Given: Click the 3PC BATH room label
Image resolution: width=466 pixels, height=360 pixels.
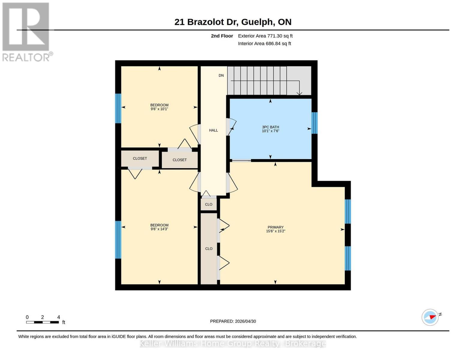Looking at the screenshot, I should pyautogui.click(x=270, y=127).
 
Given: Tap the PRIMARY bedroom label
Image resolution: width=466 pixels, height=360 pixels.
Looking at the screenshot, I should pyautogui.click(x=275, y=227).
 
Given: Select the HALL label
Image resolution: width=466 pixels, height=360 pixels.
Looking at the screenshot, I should pyautogui.click(x=213, y=130).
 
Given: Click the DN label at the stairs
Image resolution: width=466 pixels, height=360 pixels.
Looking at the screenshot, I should pyautogui.click(x=221, y=76).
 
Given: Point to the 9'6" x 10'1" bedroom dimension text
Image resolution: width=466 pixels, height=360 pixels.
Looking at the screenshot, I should pyautogui.click(x=159, y=109).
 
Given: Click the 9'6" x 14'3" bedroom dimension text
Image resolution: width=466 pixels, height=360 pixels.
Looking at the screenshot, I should pyautogui.click(x=159, y=229).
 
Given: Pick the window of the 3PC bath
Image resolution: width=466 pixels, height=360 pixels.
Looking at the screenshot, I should pyautogui.click(x=314, y=123).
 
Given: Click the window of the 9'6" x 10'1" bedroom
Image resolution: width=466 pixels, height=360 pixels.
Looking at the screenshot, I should pyautogui.click(x=118, y=108).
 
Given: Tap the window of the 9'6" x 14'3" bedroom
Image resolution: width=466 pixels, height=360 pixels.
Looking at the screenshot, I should pyautogui.click(x=118, y=240).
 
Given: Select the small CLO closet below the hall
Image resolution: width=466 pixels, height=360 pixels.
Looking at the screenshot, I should pyautogui.click(x=208, y=204).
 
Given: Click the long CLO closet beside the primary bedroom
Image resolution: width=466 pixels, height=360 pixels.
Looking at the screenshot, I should pyautogui.click(x=209, y=248).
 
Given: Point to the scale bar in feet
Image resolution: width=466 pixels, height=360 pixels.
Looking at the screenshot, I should pyautogui.click(x=42, y=322).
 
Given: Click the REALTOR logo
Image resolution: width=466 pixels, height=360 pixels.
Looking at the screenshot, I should pyautogui.click(x=26, y=32).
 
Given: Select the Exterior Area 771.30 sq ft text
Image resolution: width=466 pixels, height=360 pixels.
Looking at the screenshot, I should pyautogui.click(x=265, y=36).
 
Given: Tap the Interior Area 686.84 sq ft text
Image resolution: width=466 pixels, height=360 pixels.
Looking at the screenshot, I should pyautogui.click(x=264, y=43).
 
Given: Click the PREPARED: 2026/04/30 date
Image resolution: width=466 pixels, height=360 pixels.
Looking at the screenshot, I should pyautogui.click(x=233, y=321).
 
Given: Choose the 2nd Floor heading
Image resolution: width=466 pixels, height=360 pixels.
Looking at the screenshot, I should pyautogui.click(x=222, y=36).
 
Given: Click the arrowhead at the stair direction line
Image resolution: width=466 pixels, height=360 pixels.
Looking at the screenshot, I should pyautogui.click(x=299, y=93).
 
